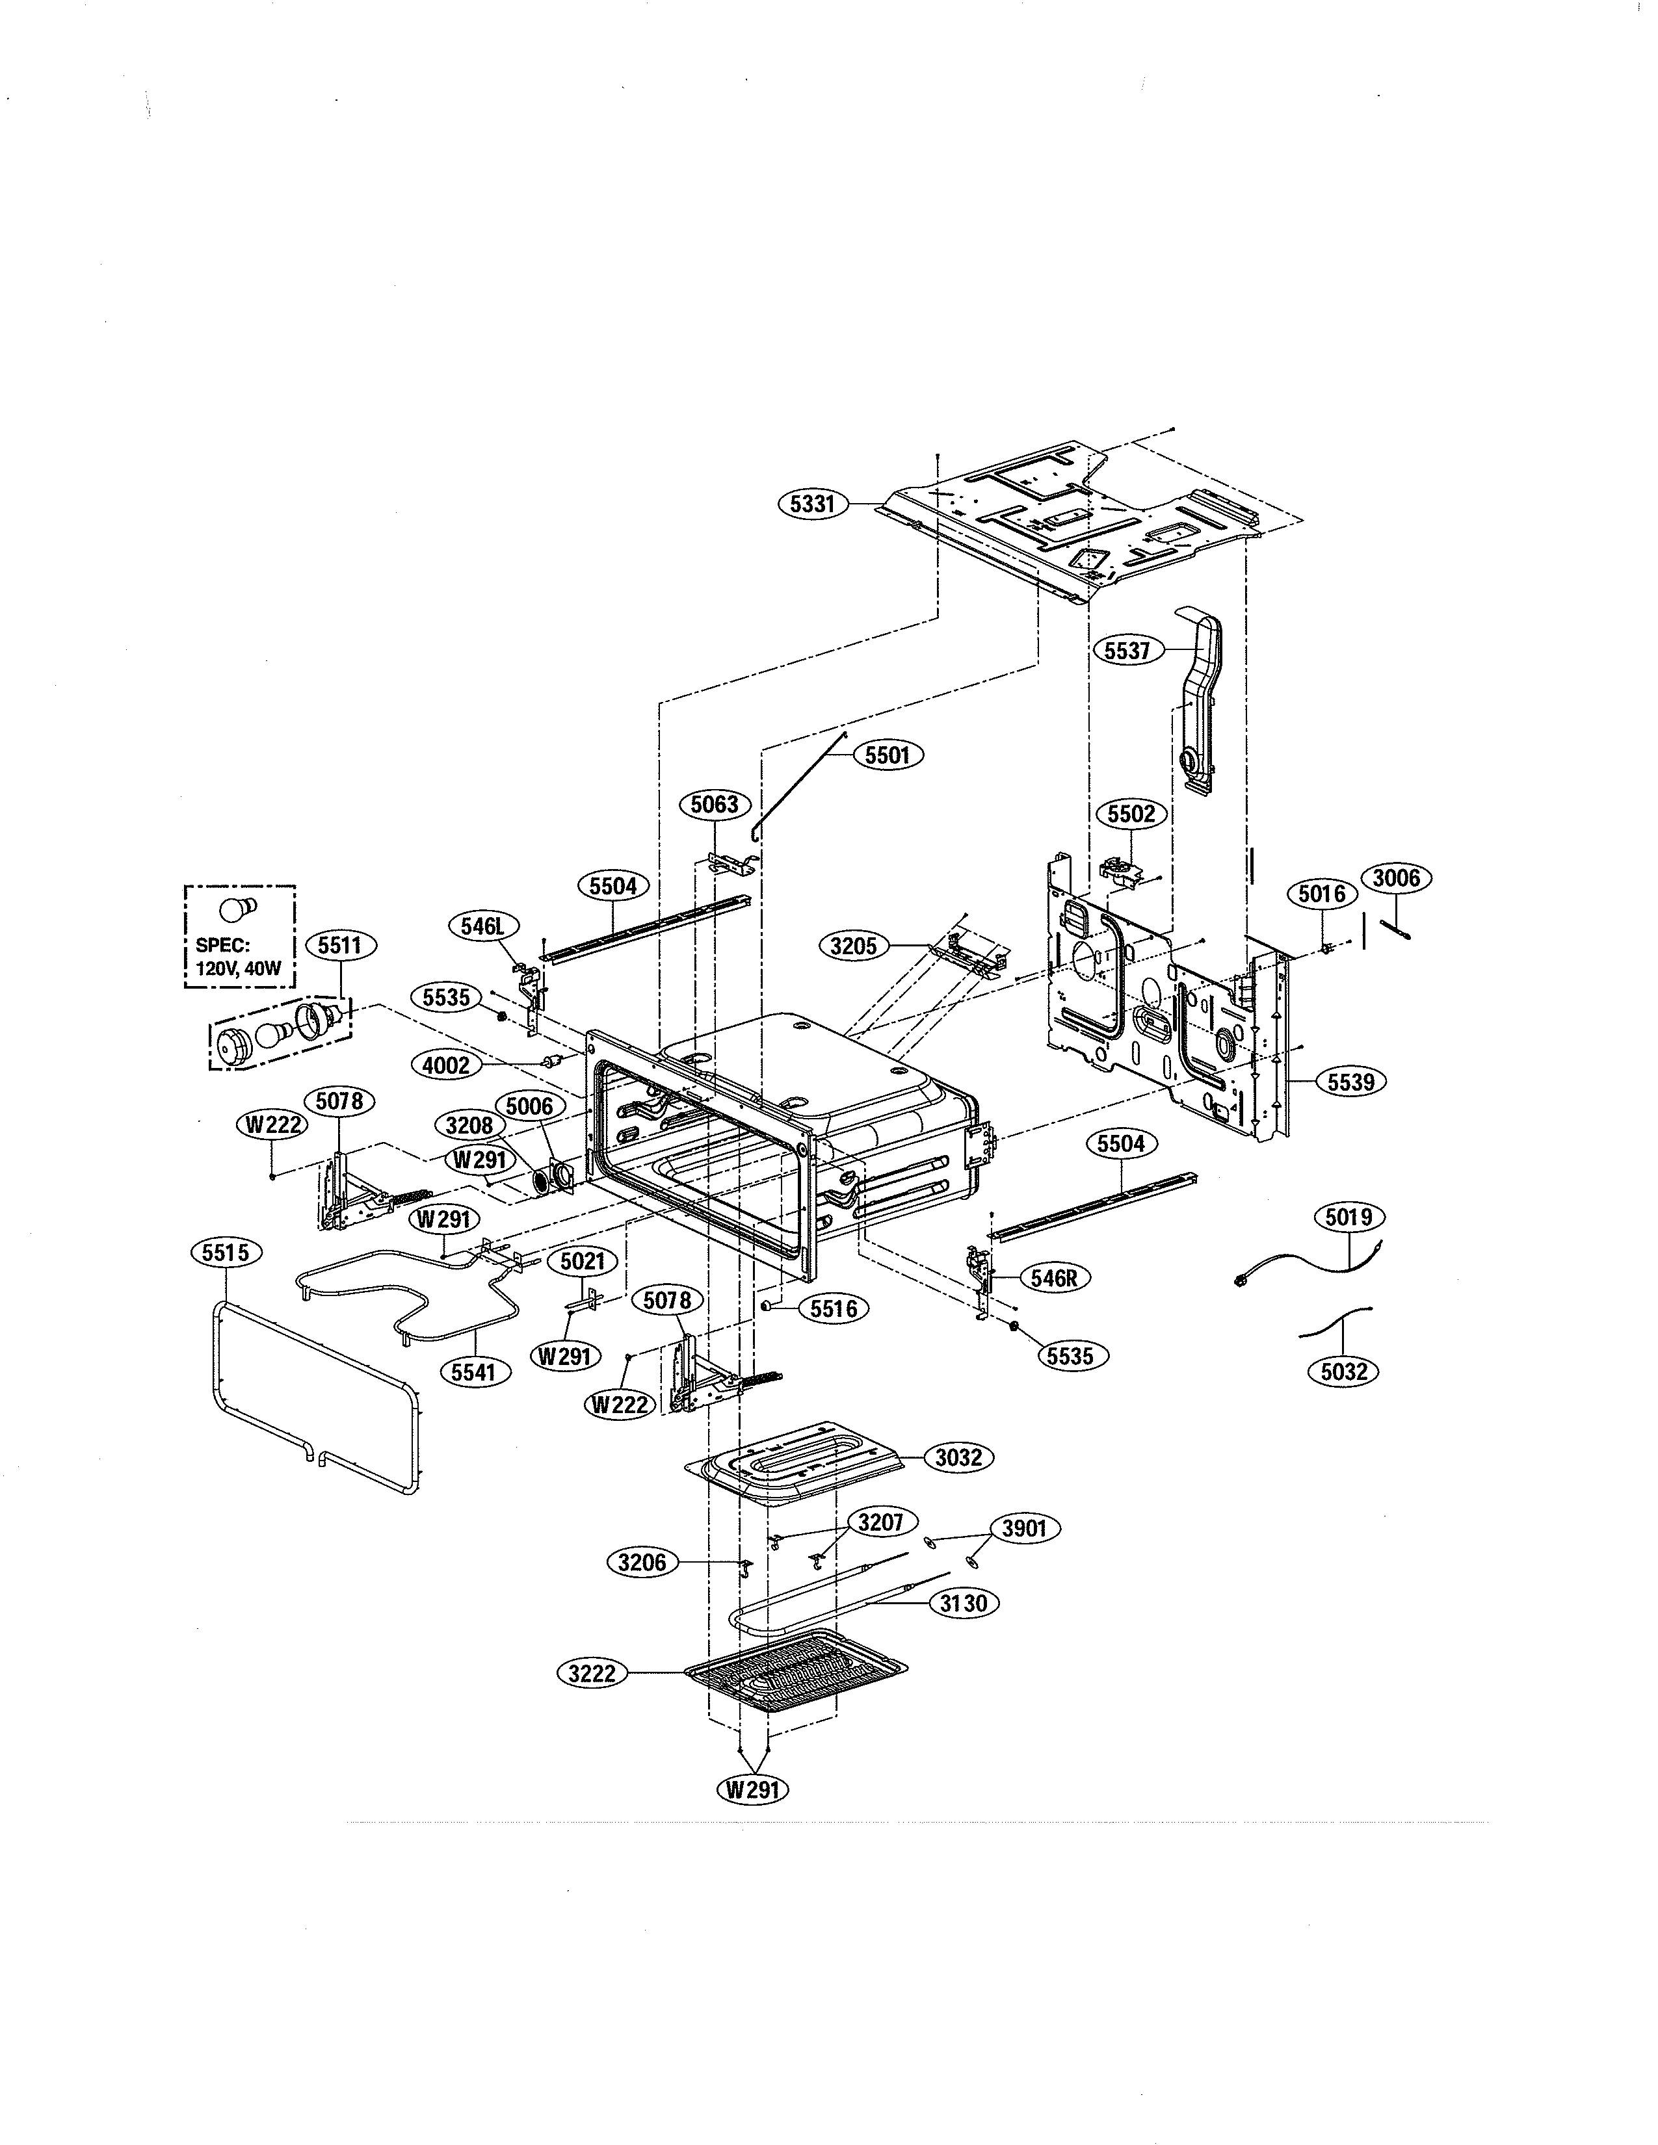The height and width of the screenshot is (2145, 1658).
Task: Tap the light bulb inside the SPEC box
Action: pyautogui.click(x=239, y=907)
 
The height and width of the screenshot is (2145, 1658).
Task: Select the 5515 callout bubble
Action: pyautogui.click(x=225, y=1253)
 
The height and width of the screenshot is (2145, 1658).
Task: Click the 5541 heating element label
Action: pyautogui.click(x=473, y=1372)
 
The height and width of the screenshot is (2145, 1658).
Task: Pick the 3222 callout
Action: pyautogui.click(x=592, y=1672)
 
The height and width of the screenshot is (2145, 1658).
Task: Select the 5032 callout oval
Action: pyautogui.click(x=1343, y=1371)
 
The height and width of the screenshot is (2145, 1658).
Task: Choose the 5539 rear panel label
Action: pyautogui.click(x=1350, y=1082)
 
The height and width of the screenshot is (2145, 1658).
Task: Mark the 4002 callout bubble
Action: pyautogui.click(x=447, y=1065)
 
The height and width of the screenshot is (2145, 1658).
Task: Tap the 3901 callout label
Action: pyautogui.click(x=1023, y=1528)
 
